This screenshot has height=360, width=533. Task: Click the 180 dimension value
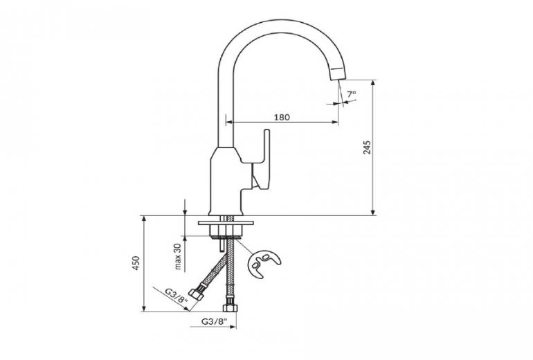(281, 117)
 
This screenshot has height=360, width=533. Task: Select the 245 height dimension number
(367, 147)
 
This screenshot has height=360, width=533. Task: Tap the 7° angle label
(352, 93)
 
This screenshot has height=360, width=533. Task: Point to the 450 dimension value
(136, 263)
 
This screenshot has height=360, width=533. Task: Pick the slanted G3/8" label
(177, 296)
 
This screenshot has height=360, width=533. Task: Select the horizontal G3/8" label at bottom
(212, 322)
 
